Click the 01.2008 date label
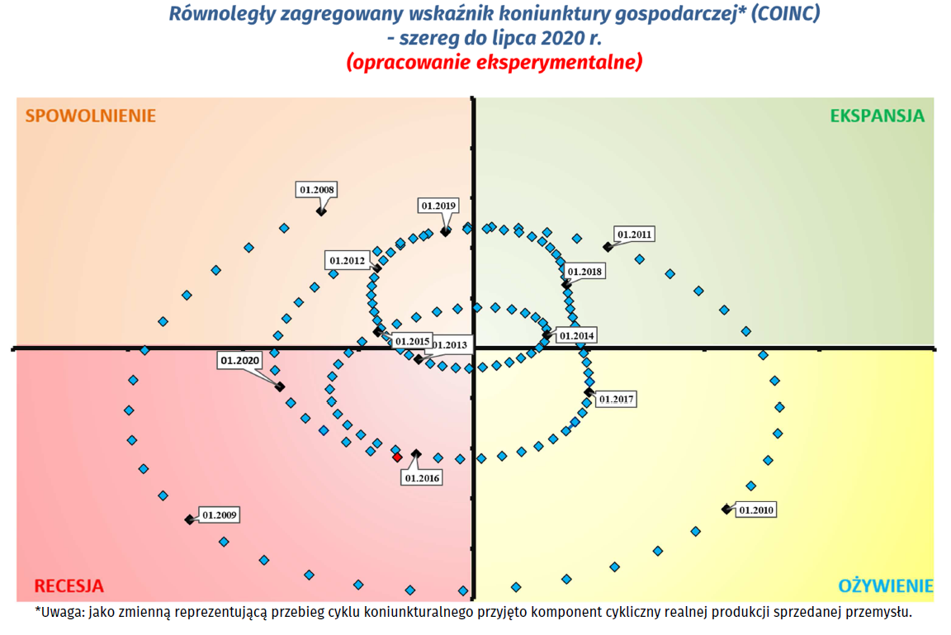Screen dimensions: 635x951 pos(317,189)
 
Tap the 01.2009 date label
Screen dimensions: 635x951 pos(220,514)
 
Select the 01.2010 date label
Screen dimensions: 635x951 pos(756,509)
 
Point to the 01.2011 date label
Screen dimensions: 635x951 pos(635,234)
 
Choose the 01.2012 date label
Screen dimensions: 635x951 pos(348,260)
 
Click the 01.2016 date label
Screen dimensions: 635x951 pos(422,477)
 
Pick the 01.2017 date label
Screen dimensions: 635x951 pos(616,399)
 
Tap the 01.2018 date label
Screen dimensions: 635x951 pos(585,271)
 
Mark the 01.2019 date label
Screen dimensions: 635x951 pos(438,206)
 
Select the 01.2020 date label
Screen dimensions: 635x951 pos(240,360)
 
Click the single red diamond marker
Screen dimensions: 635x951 pos(397,457)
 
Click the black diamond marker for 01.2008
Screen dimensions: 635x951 pos(321,211)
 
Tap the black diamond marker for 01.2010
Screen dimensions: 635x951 pos(726,509)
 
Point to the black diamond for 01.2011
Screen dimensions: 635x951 pos(608,246)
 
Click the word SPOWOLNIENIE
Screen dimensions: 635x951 pos(90,116)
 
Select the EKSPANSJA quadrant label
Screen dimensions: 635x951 pos(877,116)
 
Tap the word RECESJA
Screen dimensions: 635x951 pos(69,586)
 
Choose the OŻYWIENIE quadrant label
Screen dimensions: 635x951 pos(886,586)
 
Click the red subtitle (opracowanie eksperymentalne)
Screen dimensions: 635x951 pos(494,62)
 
